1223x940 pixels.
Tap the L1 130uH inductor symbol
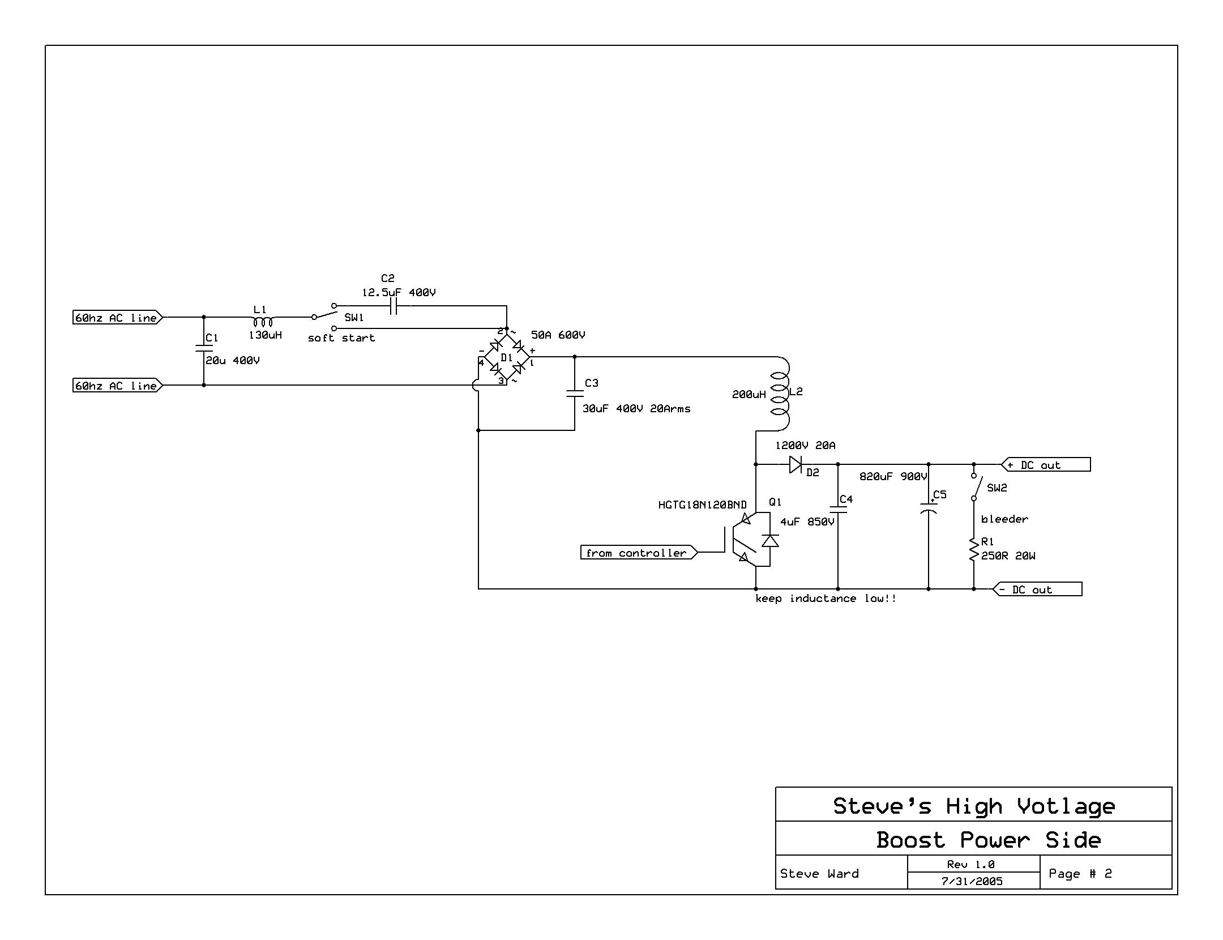pyautogui.click(x=263, y=321)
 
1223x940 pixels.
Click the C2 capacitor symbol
pyautogui.click(x=394, y=306)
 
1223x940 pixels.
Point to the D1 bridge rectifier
pyautogui.click(x=506, y=357)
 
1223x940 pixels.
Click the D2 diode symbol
pyautogui.click(x=796, y=465)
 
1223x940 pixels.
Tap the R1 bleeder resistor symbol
pyautogui.click(x=974, y=549)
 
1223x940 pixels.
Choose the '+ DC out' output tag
pyautogui.click(x=1046, y=465)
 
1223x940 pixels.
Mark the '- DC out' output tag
pyautogui.click(x=1037, y=589)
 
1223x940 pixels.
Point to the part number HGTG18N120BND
pyautogui.click(x=702, y=505)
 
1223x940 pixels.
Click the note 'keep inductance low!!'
pyautogui.click(x=826, y=599)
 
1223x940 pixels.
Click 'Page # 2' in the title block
pyautogui.click(x=1080, y=873)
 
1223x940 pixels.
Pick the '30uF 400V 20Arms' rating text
pyautogui.click(x=636, y=408)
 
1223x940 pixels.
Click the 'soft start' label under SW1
pyautogui.click(x=341, y=338)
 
